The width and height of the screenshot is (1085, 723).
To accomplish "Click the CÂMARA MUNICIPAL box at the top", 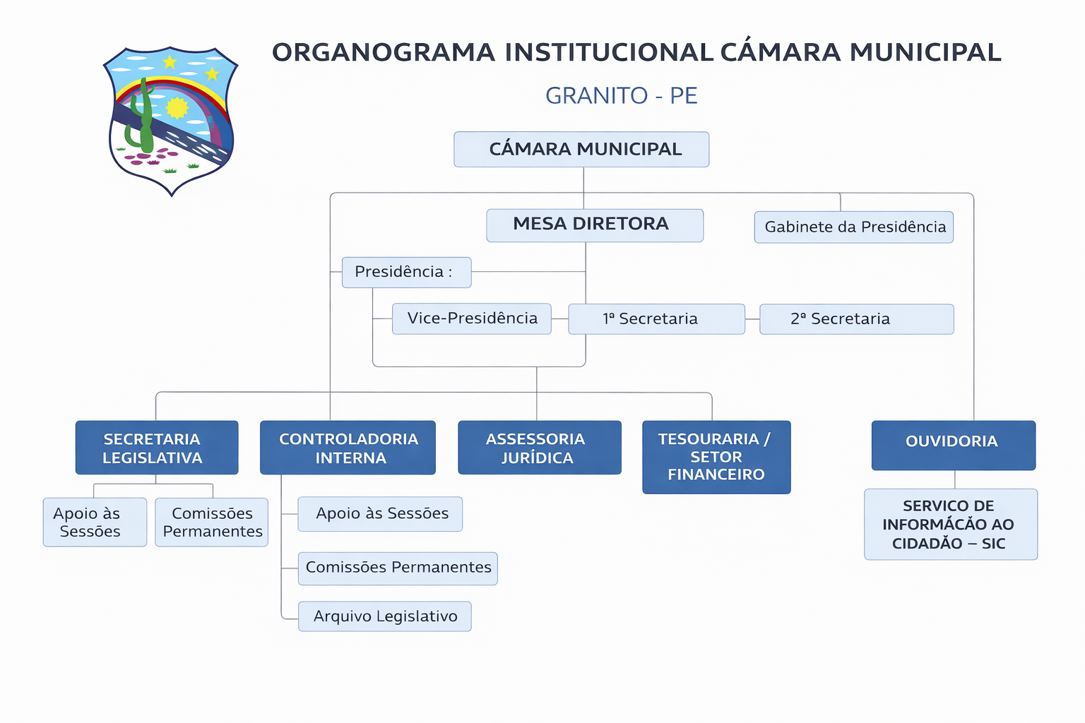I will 581,149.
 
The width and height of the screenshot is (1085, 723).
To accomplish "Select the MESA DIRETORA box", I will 595,225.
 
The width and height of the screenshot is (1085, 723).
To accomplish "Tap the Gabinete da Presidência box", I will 853,227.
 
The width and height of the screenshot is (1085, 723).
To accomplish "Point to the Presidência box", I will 406,272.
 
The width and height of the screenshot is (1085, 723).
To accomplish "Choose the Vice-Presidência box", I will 471,318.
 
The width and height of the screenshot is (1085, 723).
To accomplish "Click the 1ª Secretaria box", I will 656,318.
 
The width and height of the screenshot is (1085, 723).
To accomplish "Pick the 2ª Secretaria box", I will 856,318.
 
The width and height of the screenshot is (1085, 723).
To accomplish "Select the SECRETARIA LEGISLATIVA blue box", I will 157,448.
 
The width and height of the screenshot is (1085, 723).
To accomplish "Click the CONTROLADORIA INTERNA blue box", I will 348,448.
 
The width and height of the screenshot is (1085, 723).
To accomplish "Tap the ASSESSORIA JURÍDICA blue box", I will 540,448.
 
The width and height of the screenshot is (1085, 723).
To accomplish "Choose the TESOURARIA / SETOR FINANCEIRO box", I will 716,457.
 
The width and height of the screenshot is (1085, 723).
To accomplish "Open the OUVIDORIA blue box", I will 953,445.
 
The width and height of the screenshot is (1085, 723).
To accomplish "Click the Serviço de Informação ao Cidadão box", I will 951,524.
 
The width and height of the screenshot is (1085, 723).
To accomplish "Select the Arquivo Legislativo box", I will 384,616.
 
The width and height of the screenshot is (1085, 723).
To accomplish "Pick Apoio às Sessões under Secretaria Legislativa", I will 95,522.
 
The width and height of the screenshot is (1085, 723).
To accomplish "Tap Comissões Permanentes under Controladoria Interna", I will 398,568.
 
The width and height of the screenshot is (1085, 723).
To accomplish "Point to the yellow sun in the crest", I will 177,108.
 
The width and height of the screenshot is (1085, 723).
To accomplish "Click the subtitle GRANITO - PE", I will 621,95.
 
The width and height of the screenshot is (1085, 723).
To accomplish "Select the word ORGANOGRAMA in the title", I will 384,52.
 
